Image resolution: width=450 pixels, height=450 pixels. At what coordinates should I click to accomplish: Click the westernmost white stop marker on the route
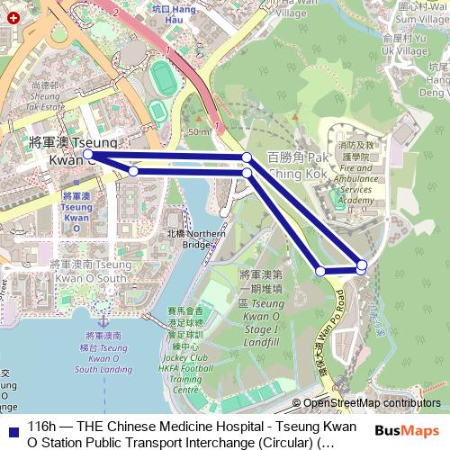click(88, 155)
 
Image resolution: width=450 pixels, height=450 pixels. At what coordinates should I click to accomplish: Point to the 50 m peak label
click(199, 132)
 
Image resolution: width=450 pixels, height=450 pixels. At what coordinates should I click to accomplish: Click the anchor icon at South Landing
click(102, 320)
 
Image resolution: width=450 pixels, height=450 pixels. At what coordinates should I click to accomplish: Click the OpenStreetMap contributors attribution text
click(372, 403)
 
